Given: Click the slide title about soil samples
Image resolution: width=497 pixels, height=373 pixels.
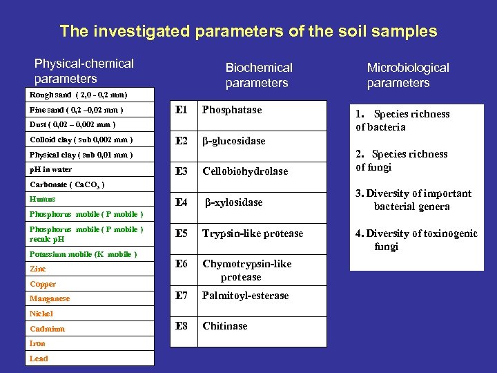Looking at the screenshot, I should click(248, 31).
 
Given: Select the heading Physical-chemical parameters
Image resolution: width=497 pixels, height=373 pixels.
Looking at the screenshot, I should click(84, 70).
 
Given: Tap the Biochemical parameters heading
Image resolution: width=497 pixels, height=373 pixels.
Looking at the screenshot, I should click(258, 75).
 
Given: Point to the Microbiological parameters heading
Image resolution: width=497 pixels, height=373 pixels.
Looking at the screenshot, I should click(407, 75).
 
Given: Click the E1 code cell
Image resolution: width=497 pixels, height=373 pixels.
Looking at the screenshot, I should click(182, 111).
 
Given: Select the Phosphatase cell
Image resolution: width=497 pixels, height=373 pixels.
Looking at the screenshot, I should click(231, 111).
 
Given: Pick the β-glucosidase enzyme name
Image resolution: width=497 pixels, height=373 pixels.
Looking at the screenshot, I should click(233, 141).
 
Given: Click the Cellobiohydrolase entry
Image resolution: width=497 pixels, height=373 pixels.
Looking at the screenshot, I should click(245, 171).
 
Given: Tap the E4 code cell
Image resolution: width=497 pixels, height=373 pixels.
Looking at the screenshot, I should click(182, 202).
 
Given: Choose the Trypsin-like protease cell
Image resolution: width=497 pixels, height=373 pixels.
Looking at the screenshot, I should click(253, 233).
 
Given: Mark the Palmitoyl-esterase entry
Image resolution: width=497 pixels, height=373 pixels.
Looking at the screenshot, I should click(246, 296).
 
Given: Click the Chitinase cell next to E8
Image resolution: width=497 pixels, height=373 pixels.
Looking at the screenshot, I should click(225, 326).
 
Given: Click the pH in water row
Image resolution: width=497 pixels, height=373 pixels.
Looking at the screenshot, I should click(50, 169).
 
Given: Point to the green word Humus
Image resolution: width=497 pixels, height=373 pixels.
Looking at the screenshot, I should click(42, 199).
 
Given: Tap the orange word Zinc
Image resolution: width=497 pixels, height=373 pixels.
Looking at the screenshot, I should click(37, 269).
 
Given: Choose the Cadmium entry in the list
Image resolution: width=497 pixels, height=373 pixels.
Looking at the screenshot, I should click(47, 329).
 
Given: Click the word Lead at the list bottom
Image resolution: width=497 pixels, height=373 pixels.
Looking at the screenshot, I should click(39, 358).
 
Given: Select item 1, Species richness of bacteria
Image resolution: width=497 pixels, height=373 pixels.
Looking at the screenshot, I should click(402, 120).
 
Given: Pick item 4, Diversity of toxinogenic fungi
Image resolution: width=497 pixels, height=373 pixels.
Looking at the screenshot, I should click(416, 240).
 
